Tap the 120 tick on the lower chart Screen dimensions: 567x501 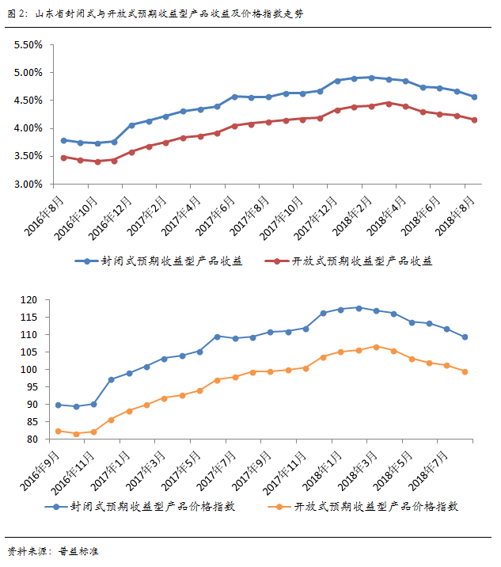(x=30, y=300)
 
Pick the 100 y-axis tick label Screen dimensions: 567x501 (x=30, y=370)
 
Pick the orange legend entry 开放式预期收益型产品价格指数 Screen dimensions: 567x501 (x=364, y=506)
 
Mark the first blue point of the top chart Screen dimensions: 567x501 (x=63, y=140)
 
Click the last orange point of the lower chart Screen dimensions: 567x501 (x=465, y=371)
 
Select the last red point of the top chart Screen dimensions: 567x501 (x=474, y=120)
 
